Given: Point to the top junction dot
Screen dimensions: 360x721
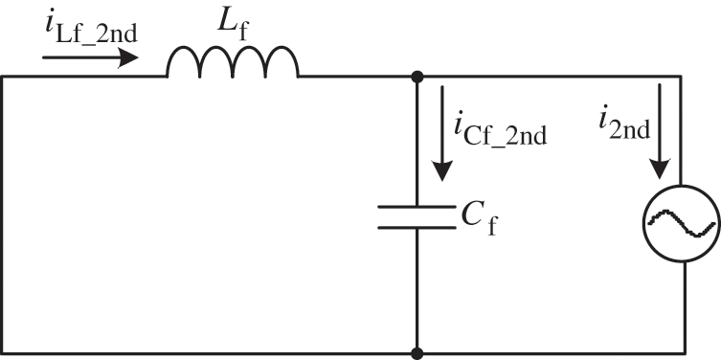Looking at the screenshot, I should tap(417, 76).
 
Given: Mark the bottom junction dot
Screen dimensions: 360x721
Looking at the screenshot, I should tap(417, 352).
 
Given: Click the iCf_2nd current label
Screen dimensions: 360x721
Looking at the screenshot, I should tap(502, 129).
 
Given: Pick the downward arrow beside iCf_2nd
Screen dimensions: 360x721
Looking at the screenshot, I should tap(441, 134).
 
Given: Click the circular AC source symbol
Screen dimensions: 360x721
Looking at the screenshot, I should tap(682, 222).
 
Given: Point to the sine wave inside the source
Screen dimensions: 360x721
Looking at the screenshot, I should tap(682, 222).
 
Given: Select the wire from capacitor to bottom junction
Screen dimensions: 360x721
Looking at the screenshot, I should tap(417, 287).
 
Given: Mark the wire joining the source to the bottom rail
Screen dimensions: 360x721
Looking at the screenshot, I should tap(682, 306).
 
